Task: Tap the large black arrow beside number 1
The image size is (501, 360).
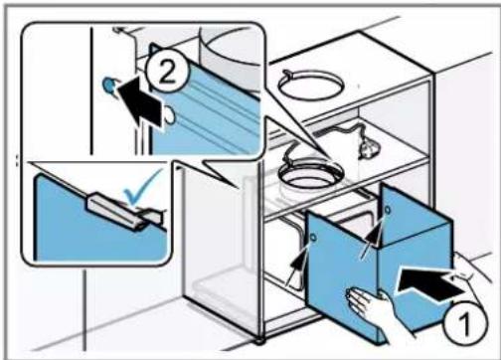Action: click(430, 283)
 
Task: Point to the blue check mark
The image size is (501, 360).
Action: click(141, 188)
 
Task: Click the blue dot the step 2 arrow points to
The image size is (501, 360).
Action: click(108, 86)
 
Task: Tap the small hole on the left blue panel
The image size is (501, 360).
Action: click(313, 238)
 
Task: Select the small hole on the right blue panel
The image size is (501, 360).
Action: click(387, 210)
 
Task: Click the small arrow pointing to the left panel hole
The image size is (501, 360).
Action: click(298, 264)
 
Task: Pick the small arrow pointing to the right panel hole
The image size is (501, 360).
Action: click(371, 237)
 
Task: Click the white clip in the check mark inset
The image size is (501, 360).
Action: click(125, 211)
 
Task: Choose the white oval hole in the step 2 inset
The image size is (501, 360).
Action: click(169, 115)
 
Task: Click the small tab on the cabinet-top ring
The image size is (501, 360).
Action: click(287, 74)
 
